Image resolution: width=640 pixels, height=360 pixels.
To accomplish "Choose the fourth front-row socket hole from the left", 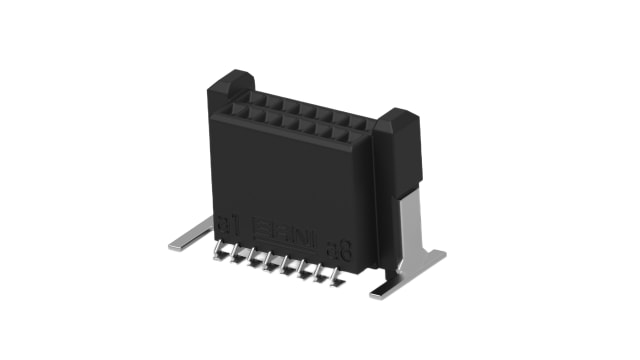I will coord(290,121).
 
